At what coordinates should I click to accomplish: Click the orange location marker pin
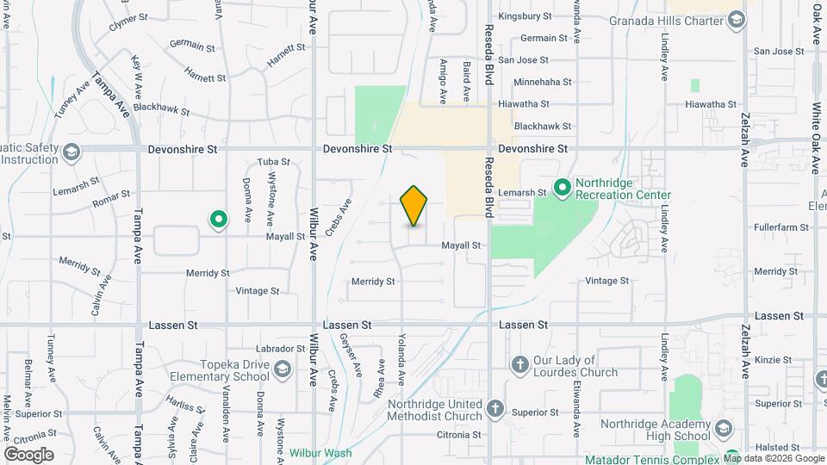click(414, 205)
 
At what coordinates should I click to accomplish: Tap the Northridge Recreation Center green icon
click(563, 187)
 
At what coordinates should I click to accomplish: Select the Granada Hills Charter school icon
click(736, 20)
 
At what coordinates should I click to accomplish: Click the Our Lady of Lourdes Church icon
click(519, 365)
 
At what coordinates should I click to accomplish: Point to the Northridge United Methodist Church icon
click(495, 409)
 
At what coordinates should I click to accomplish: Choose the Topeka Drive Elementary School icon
click(282, 370)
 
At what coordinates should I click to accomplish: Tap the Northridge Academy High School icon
click(724, 428)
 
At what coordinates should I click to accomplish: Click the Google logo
click(28, 454)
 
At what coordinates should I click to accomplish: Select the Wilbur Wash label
click(320, 453)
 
